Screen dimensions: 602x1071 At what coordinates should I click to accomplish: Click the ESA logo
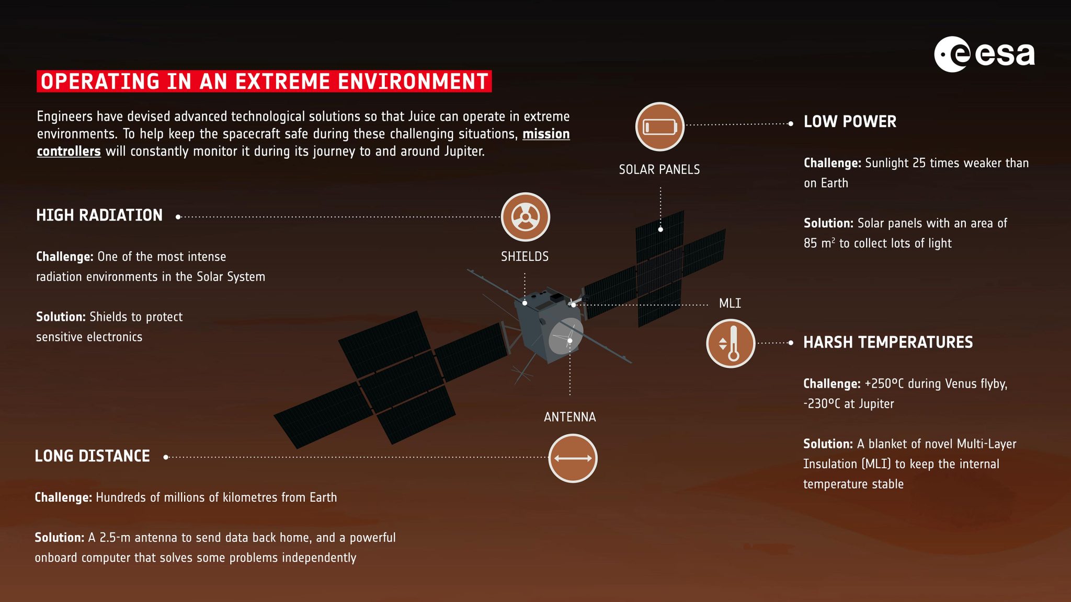coord(984,54)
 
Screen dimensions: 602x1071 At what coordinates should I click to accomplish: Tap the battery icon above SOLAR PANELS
coord(659,127)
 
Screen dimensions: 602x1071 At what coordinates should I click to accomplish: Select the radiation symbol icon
coord(525,217)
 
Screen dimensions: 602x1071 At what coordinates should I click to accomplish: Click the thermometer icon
coord(731,343)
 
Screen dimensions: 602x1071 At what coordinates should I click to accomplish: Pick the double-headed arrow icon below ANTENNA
coord(573,458)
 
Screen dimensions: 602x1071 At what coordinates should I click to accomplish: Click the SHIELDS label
coord(525,257)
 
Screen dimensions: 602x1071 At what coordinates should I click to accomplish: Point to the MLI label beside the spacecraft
coord(730,304)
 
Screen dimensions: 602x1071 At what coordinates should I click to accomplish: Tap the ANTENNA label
coord(569,417)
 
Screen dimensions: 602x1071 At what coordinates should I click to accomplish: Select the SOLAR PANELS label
coord(659,170)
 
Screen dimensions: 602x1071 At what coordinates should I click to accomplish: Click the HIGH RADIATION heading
coord(99,215)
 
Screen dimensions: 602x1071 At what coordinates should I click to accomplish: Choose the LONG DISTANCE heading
coord(92,456)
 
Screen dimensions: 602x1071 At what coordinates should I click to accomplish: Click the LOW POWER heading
coord(850,122)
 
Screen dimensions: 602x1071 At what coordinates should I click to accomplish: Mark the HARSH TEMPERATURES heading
coord(887,343)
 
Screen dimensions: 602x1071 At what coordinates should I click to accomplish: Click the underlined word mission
coord(546,134)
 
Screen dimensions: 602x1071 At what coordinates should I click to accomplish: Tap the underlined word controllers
coord(69,152)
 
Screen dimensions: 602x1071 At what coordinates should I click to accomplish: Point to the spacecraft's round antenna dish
coord(565,336)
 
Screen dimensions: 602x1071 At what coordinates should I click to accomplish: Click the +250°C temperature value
coord(884,384)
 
